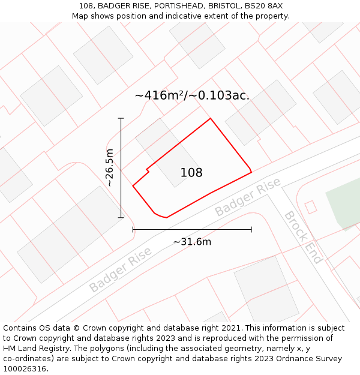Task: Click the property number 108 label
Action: [191, 173]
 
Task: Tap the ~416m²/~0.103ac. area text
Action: [192, 95]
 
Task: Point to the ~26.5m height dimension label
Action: [110, 168]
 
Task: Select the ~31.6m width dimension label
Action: [192, 242]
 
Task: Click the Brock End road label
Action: [303, 237]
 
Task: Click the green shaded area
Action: [345, 207]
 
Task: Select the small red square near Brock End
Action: [311, 207]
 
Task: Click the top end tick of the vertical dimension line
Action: [121, 118]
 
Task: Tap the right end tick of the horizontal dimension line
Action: [251, 229]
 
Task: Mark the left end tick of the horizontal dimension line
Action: [133, 229]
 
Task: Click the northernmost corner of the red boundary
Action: [210, 118]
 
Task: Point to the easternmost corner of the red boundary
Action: [251, 172]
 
